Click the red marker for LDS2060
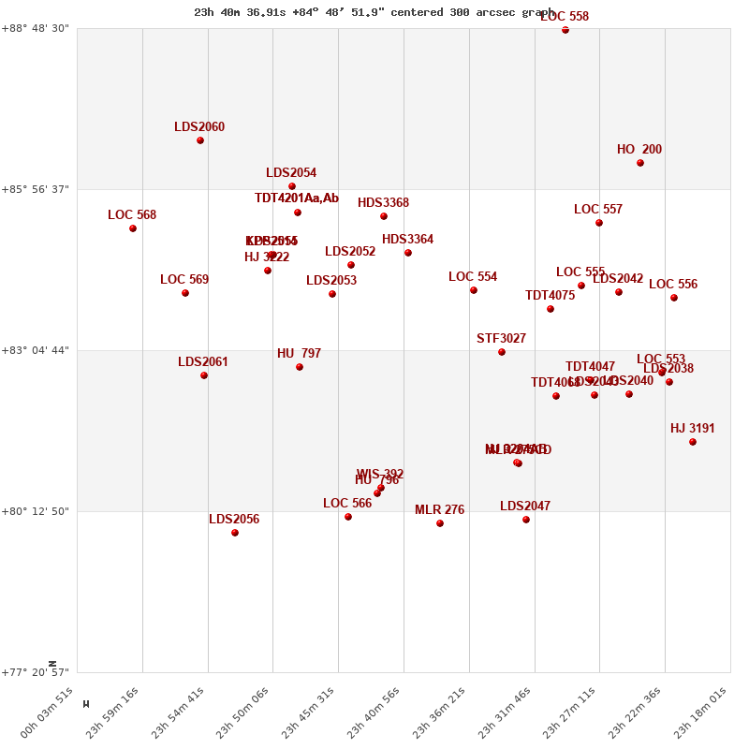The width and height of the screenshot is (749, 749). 200,140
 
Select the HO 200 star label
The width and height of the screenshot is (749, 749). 639,150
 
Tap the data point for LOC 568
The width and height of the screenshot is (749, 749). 133,228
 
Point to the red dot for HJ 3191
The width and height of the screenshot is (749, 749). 693,442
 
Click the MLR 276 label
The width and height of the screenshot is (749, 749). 439,510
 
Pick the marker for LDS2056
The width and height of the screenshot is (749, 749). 235,533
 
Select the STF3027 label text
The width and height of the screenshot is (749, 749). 501,339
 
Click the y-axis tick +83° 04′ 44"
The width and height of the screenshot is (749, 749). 37,350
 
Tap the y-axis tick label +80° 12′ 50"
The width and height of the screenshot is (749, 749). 37,511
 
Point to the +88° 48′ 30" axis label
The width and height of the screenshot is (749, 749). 37,28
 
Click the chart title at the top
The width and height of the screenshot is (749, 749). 374,12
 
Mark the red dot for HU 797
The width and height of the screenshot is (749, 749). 300,367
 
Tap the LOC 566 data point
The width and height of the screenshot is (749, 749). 348,517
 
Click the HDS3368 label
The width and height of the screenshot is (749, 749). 383,203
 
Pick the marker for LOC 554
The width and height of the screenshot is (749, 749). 474,290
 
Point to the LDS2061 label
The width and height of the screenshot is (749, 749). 203,362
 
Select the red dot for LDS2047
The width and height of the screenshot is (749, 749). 526,520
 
